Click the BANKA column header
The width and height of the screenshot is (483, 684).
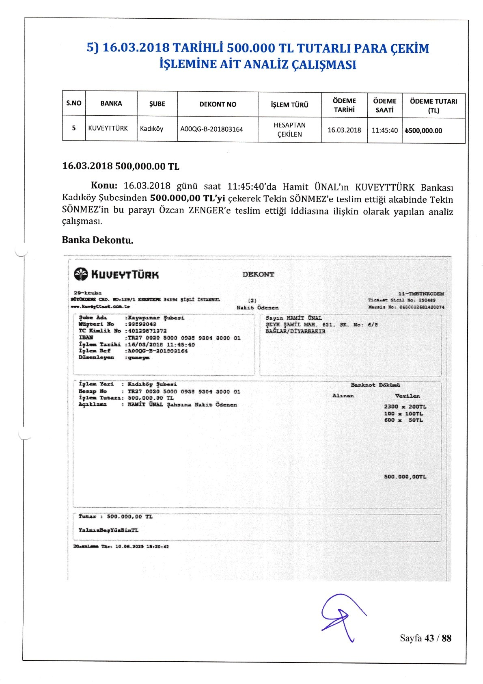tap(111, 104)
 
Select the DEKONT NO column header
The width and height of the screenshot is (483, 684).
tap(218, 104)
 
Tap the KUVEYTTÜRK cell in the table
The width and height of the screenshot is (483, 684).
tap(108, 128)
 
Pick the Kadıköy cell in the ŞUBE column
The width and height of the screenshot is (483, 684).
tap(151, 129)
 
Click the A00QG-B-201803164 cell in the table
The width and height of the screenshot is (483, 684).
tap(211, 129)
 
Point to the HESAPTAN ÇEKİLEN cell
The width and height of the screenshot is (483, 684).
tap(289, 130)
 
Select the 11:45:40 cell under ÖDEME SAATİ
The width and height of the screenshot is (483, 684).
tap(384, 130)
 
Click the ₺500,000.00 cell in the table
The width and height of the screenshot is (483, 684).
tap(423, 131)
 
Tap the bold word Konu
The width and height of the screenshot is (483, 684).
tap(104, 186)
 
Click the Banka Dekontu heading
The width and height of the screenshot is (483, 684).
tap(97, 240)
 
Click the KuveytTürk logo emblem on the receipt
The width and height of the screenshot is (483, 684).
tap(81, 275)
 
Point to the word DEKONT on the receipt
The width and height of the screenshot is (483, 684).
tap(258, 274)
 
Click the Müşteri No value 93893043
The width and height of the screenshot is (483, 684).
tap(142, 325)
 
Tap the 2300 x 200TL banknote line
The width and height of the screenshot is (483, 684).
tap(405, 407)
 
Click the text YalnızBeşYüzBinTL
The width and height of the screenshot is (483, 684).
tap(108, 530)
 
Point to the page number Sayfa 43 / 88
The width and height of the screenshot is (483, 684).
tap(425, 638)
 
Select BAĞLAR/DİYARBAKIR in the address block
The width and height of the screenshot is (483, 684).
tap(295, 331)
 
